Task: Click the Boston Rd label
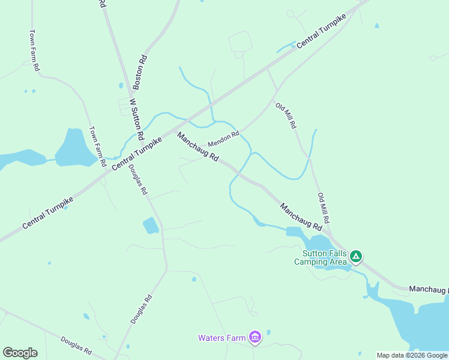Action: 140,69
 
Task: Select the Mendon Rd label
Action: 223,139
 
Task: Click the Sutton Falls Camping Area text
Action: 320,257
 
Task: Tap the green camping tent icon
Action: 356,257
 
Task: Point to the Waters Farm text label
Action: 222,338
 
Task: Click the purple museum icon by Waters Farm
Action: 255,338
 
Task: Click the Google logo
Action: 20,353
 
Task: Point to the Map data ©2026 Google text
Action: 412,355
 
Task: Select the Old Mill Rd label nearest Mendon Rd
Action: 286,116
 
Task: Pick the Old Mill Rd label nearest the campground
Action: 324,208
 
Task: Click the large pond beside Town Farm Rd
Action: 74,148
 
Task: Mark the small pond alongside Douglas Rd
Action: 151,226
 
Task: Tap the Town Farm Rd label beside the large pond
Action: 97,146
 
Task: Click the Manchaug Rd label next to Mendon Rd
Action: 197,147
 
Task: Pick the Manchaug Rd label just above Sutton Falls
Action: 301,217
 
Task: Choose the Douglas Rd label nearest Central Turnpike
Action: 137,180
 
